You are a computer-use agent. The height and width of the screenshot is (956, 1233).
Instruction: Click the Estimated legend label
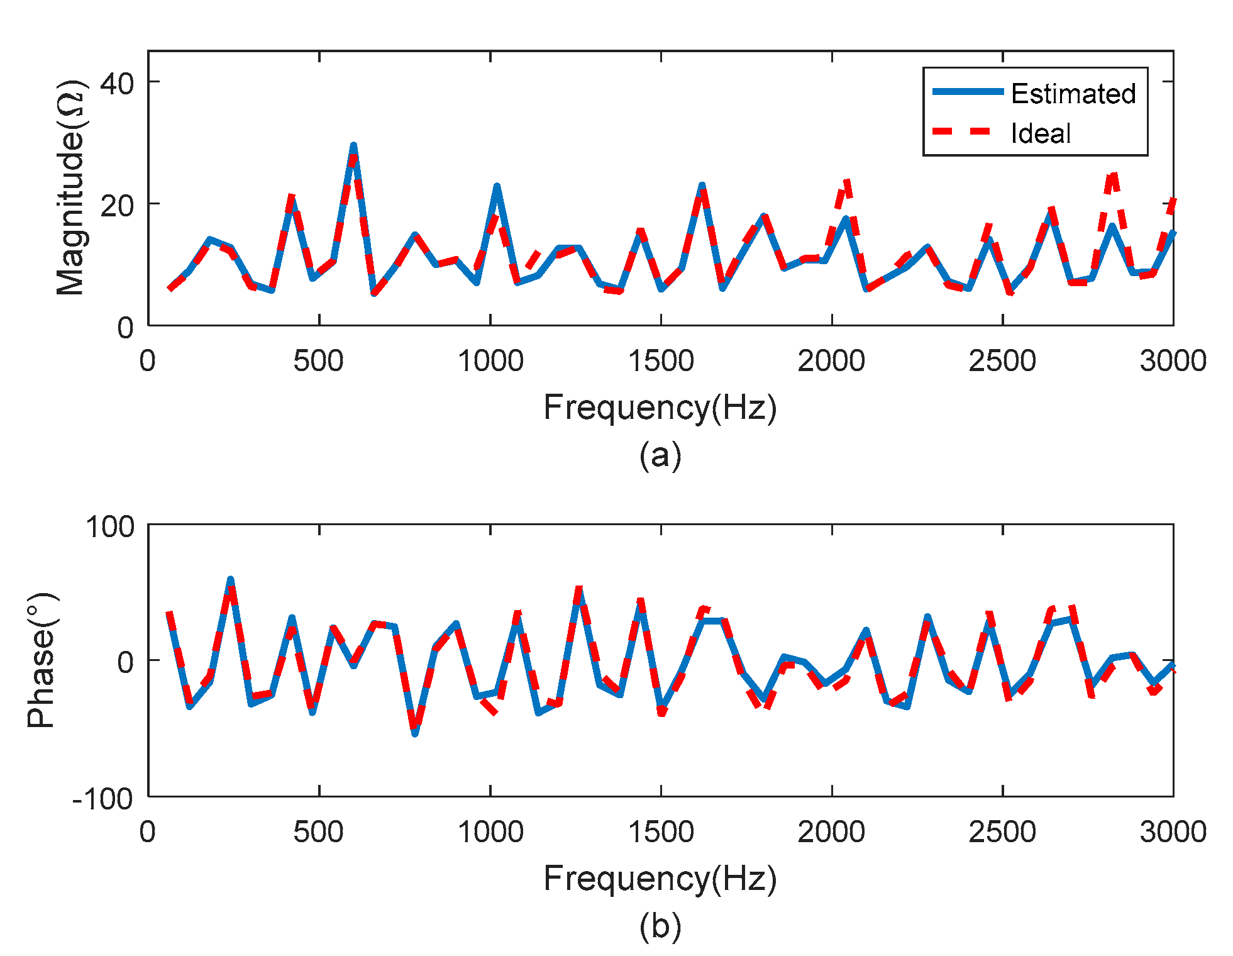coord(1073,94)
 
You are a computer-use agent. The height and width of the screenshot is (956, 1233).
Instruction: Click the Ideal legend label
coord(1041,133)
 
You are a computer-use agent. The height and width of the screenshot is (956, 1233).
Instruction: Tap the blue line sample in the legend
coord(968,92)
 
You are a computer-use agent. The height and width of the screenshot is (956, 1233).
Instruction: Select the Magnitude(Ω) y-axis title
coord(71,187)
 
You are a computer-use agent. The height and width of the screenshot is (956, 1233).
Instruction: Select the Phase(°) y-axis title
coord(42,660)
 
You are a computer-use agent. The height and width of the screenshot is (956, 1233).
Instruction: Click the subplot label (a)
coord(660,455)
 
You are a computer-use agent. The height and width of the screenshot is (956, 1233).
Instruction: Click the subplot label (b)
coord(660,926)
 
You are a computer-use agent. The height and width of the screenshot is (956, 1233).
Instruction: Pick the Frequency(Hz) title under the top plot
coord(660,407)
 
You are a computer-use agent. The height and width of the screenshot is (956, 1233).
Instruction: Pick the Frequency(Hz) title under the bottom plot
coord(660,878)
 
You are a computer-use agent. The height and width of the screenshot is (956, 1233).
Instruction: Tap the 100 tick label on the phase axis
coord(110,526)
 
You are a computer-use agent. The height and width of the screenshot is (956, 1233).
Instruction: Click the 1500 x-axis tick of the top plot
coord(661,361)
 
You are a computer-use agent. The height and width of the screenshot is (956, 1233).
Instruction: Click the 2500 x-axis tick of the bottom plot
coord(1002,832)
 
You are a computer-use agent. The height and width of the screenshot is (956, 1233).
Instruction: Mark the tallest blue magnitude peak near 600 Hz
coord(353,146)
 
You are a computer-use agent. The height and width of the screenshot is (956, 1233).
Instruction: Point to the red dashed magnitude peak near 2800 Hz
coord(1113,175)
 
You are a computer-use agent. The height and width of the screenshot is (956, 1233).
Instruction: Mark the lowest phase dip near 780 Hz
coord(415,732)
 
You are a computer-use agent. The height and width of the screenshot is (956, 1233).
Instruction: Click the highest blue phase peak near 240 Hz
coord(230,581)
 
